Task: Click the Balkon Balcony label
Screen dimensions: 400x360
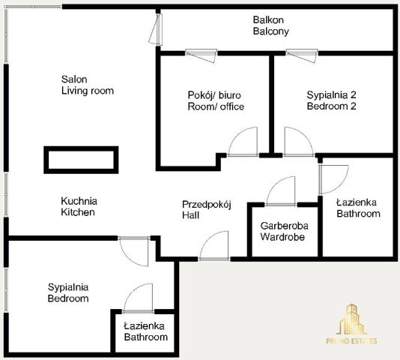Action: click(x=270, y=25)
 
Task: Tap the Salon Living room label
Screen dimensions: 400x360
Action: click(x=87, y=85)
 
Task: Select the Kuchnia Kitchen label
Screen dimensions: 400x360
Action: click(x=79, y=206)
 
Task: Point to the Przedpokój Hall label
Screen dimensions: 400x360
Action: click(x=207, y=210)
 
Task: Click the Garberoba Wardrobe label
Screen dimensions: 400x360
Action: click(x=284, y=231)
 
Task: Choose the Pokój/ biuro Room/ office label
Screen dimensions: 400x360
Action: click(x=216, y=100)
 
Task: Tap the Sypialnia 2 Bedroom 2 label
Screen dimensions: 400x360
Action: click(x=331, y=100)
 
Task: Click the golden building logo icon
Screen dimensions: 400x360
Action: click(x=351, y=319)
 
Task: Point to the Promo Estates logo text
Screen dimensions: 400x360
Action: click(x=351, y=340)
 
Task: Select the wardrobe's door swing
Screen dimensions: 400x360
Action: click(x=281, y=191)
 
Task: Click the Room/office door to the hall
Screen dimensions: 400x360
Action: click(x=243, y=142)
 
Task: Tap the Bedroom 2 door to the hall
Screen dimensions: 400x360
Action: click(x=299, y=142)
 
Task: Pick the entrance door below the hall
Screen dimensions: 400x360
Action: click(x=214, y=246)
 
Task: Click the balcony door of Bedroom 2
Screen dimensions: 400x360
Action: click(x=302, y=55)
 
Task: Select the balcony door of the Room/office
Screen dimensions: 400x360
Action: click(x=201, y=55)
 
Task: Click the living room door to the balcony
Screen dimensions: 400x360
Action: click(x=156, y=30)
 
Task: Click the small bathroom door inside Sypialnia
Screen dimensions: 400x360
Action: click(x=138, y=298)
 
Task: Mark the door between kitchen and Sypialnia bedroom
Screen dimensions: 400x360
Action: click(x=134, y=251)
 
